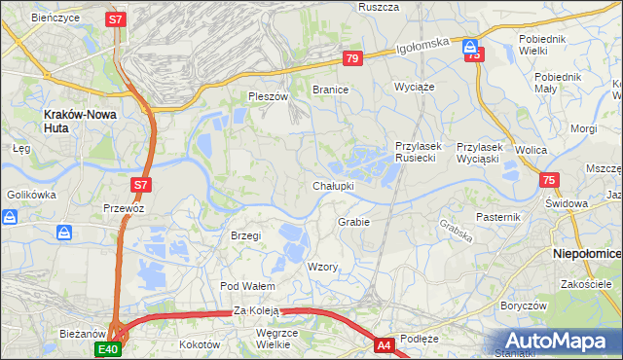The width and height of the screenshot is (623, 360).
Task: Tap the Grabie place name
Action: click(x=353, y=222)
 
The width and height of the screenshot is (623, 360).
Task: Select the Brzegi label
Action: click(x=245, y=235)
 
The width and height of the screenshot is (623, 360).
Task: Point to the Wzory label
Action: click(x=322, y=267)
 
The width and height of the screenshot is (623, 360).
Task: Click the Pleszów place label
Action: click(x=269, y=96)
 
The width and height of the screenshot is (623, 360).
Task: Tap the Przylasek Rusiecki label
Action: click(x=419, y=151)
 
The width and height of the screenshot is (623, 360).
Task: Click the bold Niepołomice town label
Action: click(x=587, y=252)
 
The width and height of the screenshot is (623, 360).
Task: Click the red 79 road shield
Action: click(x=352, y=59)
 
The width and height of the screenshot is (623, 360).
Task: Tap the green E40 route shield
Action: click(x=107, y=347)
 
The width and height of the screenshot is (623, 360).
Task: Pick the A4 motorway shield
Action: click(x=385, y=343)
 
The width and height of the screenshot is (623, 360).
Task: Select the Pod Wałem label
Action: click(x=247, y=286)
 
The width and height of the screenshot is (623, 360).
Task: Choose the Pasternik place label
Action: click(x=499, y=216)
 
